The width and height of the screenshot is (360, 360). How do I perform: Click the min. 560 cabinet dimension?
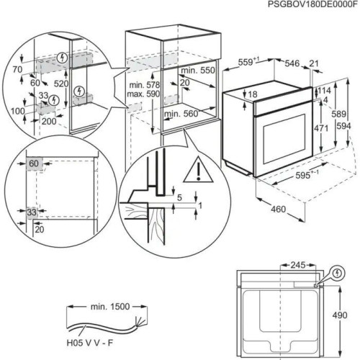180,113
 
